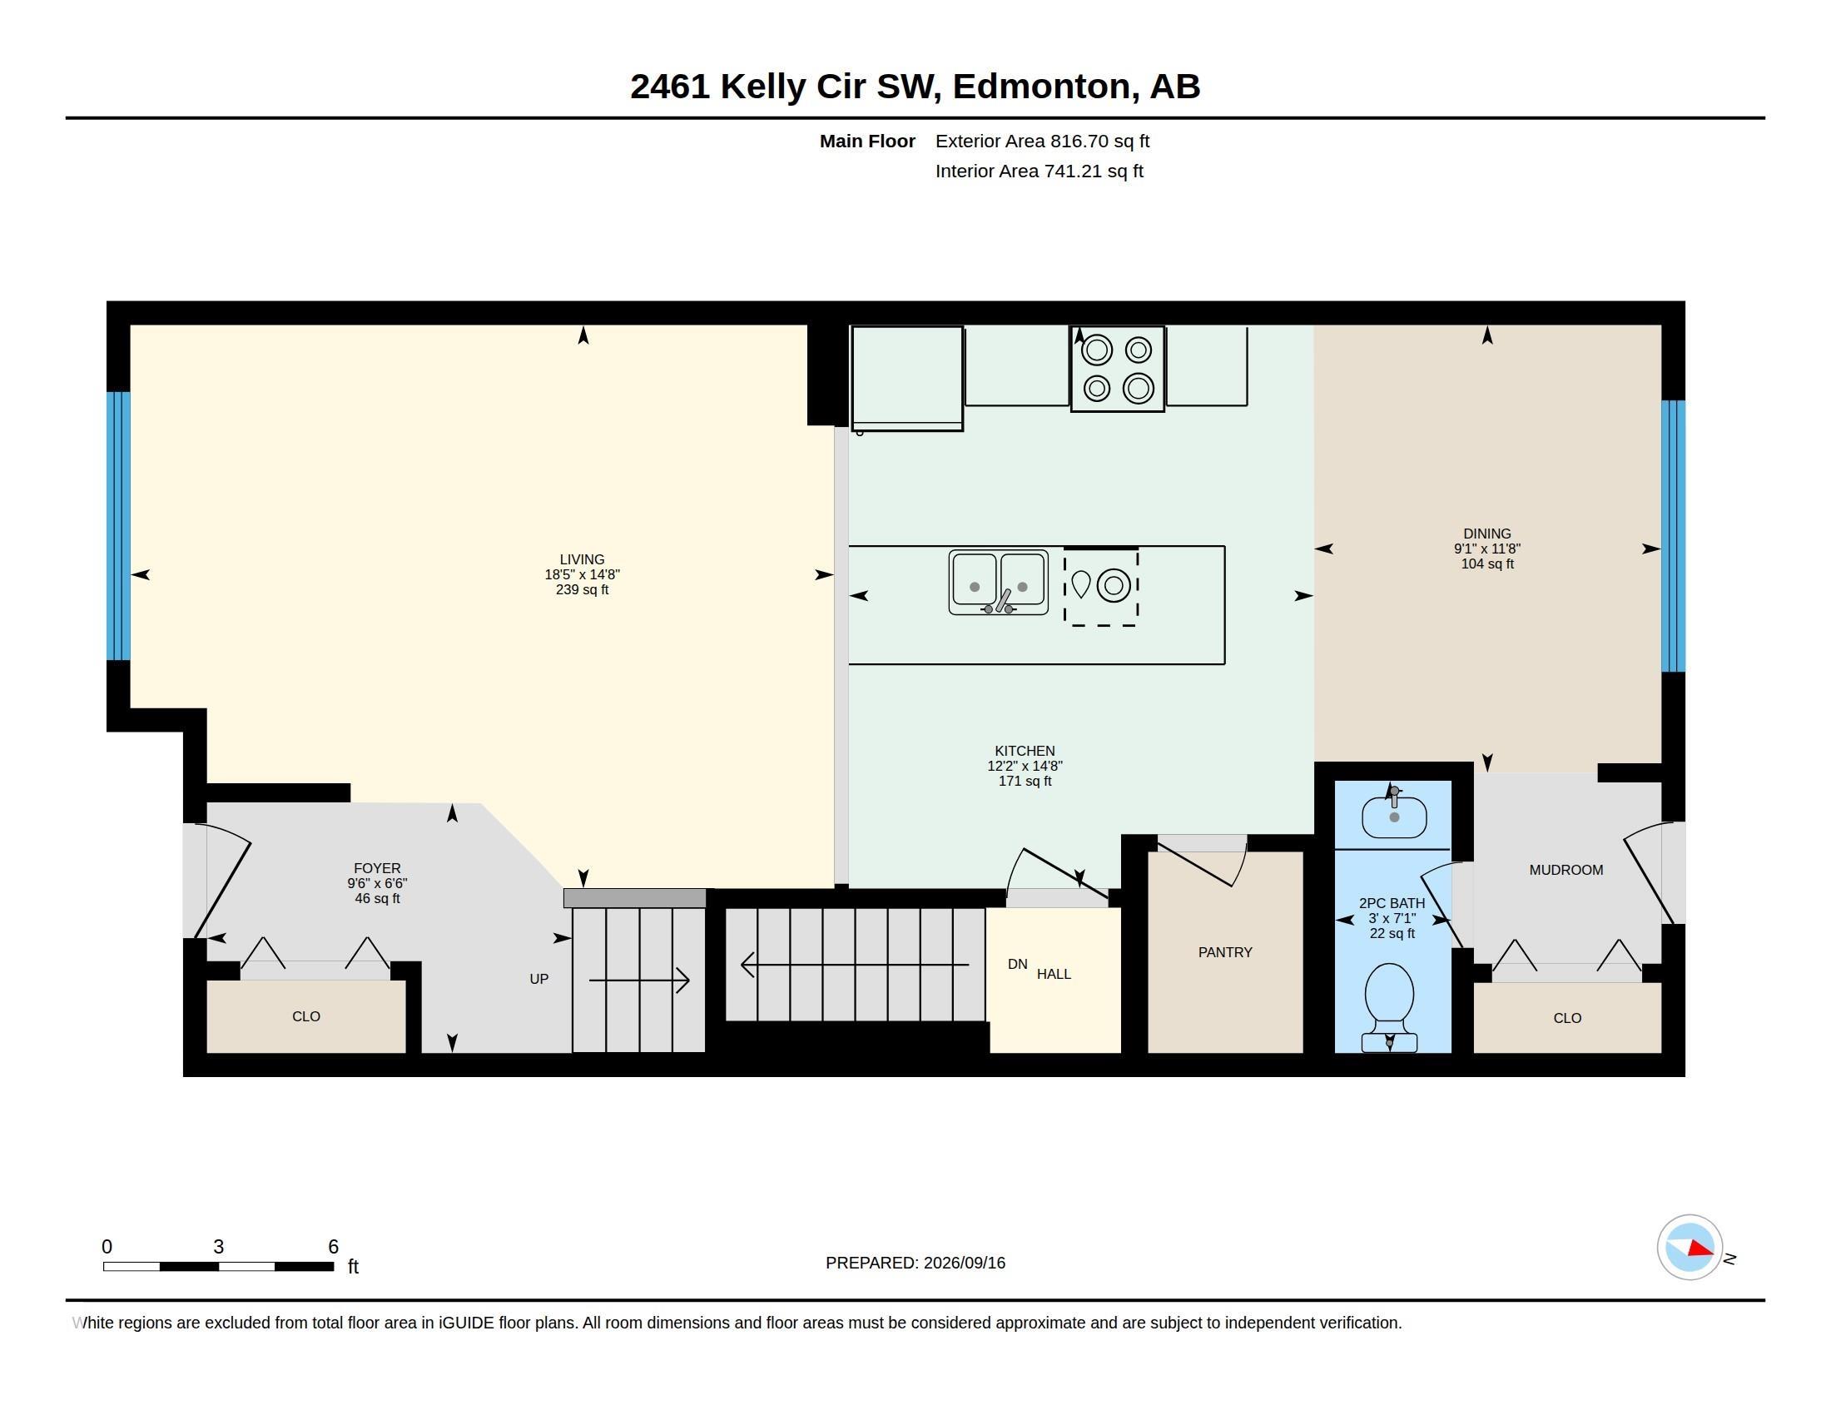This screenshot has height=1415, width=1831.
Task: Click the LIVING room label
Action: [582, 559]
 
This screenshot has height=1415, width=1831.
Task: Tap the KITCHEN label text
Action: [1025, 751]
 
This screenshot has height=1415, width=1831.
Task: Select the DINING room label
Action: [1487, 534]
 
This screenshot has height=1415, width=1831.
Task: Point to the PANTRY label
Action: [1225, 952]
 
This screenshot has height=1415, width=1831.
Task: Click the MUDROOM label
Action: [1566, 870]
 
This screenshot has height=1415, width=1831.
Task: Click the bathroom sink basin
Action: [1394, 817]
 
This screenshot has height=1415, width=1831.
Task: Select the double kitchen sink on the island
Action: [999, 582]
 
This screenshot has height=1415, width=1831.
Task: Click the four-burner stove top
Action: [1118, 369]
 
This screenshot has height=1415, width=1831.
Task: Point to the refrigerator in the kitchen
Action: [907, 378]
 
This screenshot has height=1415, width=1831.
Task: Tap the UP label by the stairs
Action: [539, 979]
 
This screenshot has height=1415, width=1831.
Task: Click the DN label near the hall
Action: [1018, 965]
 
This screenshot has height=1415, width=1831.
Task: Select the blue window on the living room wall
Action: [118, 526]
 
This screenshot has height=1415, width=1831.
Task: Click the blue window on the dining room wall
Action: [1674, 537]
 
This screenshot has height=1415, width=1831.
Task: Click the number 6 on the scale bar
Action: [333, 1247]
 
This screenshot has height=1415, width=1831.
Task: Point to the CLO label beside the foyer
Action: [306, 1017]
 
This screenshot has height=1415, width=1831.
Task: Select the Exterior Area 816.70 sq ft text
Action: [1042, 141]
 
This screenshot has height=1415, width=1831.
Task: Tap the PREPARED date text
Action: [915, 1264]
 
